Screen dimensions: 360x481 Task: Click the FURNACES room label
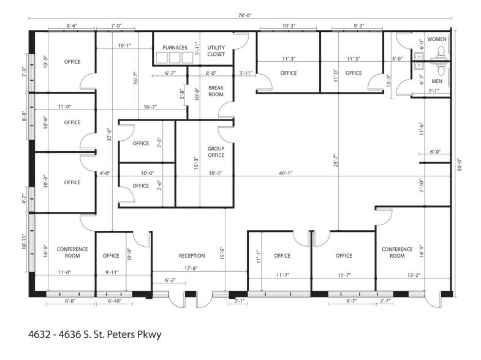point(175,48)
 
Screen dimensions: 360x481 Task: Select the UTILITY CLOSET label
point(216,51)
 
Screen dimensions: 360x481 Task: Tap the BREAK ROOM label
point(216,91)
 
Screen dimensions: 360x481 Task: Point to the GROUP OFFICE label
point(216,152)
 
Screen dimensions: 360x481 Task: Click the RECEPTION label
point(192,256)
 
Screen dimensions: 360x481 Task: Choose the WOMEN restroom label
point(437,39)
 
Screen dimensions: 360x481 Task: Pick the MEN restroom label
point(437,81)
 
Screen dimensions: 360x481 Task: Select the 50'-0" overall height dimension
point(460,166)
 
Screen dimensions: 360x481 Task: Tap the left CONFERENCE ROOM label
point(72,252)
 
